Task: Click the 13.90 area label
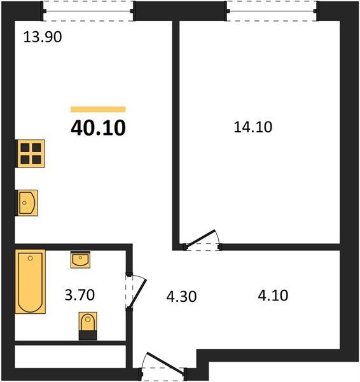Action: click(x=43, y=38)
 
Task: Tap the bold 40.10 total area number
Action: click(x=98, y=128)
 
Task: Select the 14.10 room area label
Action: click(x=253, y=127)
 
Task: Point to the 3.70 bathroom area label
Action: click(x=80, y=295)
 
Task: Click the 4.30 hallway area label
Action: click(x=181, y=297)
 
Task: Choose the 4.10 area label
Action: click(x=273, y=295)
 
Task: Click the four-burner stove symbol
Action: click(x=30, y=153)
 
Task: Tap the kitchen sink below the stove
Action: click(x=27, y=202)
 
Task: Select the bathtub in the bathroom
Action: click(x=31, y=281)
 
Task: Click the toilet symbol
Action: click(x=88, y=326)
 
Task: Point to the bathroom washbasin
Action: click(x=80, y=260)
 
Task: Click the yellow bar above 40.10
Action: click(x=98, y=110)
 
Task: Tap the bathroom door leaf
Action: click(x=137, y=294)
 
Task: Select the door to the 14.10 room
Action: click(x=200, y=239)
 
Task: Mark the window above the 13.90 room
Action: click(x=88, y=11)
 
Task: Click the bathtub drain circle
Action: click(x=30, y=258)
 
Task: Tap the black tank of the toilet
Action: click(x=88, y=336)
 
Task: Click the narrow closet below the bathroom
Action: click(x=71, y=357)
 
